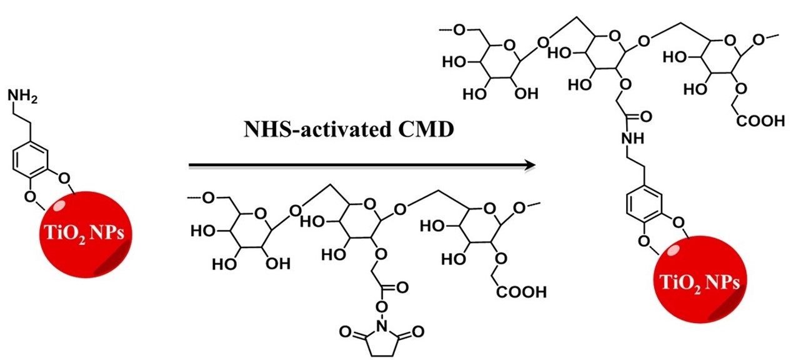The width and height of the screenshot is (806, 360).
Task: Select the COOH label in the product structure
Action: click(x=759, y=120)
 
